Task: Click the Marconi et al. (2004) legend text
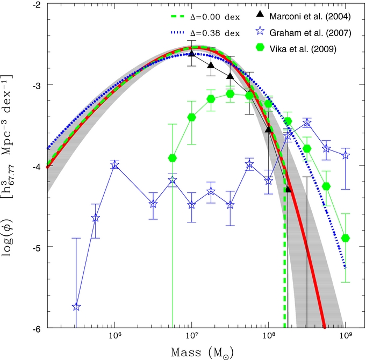(310, 17)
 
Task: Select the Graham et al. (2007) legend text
(310, 33)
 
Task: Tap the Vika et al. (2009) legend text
(303, 49)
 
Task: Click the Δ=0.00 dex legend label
(215, 17)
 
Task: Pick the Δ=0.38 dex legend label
(215, 33)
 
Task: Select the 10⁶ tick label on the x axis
(114, 336)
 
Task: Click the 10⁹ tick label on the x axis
(346, 336)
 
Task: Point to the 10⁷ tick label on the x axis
(192, 336)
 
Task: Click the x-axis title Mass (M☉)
(202, 352)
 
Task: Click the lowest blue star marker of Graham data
(76, 307)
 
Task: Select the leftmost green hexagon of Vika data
(173, 158)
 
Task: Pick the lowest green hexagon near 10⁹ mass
(346, 238)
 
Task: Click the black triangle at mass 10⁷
(192, 53)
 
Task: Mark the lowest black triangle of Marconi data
(288, 190)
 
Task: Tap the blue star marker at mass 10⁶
(114, 165)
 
